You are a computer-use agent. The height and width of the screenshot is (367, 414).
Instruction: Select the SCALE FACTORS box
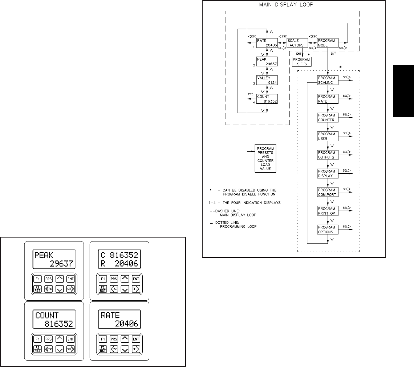(295, 43)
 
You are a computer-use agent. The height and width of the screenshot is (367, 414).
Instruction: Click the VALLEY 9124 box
(267, 80)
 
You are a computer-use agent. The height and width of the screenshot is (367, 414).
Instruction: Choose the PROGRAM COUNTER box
(328, 117)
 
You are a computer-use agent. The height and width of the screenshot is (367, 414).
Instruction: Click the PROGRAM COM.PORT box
(328, 192)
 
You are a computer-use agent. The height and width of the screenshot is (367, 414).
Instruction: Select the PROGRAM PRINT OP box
(328, 211)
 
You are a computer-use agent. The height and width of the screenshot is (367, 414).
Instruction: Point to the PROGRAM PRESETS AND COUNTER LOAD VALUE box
(265, 158)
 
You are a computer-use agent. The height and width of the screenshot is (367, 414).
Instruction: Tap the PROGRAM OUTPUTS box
(328, 154)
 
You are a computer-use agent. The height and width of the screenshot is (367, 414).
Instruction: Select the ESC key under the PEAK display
(48, 289)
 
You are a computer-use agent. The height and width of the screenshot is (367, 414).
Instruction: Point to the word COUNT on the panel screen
(47, 315)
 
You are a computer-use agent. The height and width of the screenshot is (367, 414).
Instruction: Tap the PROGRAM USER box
(328, 136)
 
